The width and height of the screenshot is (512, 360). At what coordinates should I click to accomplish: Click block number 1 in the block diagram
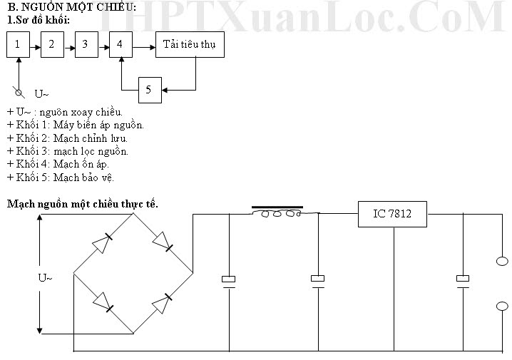click(19, 44)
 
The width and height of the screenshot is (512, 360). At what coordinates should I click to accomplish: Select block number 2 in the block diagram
click(52, 44)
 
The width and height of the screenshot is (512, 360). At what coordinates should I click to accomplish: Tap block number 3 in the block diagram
click(86, 44)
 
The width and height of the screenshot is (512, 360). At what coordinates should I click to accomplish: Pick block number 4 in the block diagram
click(121, 44)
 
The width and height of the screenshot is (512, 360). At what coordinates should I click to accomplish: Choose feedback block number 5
click(150, 90)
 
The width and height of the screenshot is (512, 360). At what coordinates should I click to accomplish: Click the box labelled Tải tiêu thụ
click(190, 44)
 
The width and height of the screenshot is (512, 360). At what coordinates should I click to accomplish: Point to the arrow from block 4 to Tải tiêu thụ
click(144, 47)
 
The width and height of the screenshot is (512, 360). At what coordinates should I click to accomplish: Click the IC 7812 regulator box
click(392, 214)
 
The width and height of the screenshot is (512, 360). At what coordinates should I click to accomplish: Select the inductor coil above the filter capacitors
click(281, 214)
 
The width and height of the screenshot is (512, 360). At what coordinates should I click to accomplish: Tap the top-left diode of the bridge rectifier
click(103, 243)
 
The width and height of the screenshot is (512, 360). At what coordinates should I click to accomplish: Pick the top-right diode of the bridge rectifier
click(163, 242)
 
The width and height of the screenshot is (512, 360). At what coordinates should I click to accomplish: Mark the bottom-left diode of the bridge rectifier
click(103, 302)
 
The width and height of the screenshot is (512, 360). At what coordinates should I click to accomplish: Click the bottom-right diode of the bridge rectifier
click(162, 303)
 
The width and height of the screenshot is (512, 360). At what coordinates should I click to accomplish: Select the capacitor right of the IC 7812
click(463, 282)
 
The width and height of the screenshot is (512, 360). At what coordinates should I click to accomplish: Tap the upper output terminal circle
click(502, 261)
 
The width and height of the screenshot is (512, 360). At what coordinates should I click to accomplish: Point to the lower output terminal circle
click(502, 306)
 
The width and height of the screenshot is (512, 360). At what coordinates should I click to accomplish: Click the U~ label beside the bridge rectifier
click(45, 278)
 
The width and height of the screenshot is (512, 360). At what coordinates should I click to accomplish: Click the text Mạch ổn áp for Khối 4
click(81, 164)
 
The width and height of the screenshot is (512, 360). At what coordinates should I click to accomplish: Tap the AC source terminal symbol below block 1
click(19, 93)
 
